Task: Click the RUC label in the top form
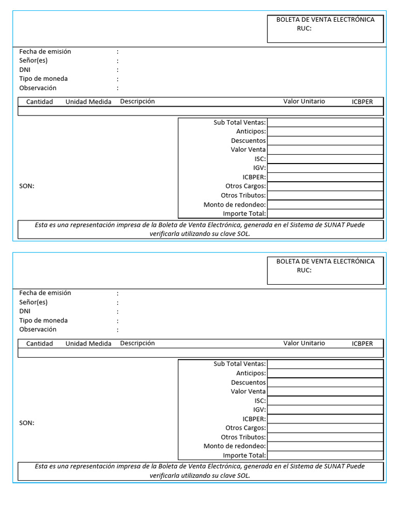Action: coord(304,28)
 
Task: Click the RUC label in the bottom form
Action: coord(304,270)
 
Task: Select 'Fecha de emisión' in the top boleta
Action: coord(45,52)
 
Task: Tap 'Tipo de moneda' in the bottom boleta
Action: coord(43,320)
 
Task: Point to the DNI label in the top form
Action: coord(25,70)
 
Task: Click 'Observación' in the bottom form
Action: coord(38,330)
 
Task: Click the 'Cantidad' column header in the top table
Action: coord(40,101)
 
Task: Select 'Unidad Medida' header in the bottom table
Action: coord(88,344)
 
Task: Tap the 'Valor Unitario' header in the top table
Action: coord(304,101)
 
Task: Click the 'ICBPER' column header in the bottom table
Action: coord(362,344)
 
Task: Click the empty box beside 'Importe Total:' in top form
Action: coord(325,213)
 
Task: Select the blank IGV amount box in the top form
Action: coord(325,168)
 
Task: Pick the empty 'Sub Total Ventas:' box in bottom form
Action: coord(325,364)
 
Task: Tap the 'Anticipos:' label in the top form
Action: coord(251,131)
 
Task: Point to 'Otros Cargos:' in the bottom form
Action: coord(246,428)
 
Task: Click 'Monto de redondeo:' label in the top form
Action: coord(235,204)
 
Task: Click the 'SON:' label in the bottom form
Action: coord(27,423)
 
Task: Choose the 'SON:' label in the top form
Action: coord(27,186)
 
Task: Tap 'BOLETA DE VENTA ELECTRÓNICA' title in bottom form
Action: coord(325,261)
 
